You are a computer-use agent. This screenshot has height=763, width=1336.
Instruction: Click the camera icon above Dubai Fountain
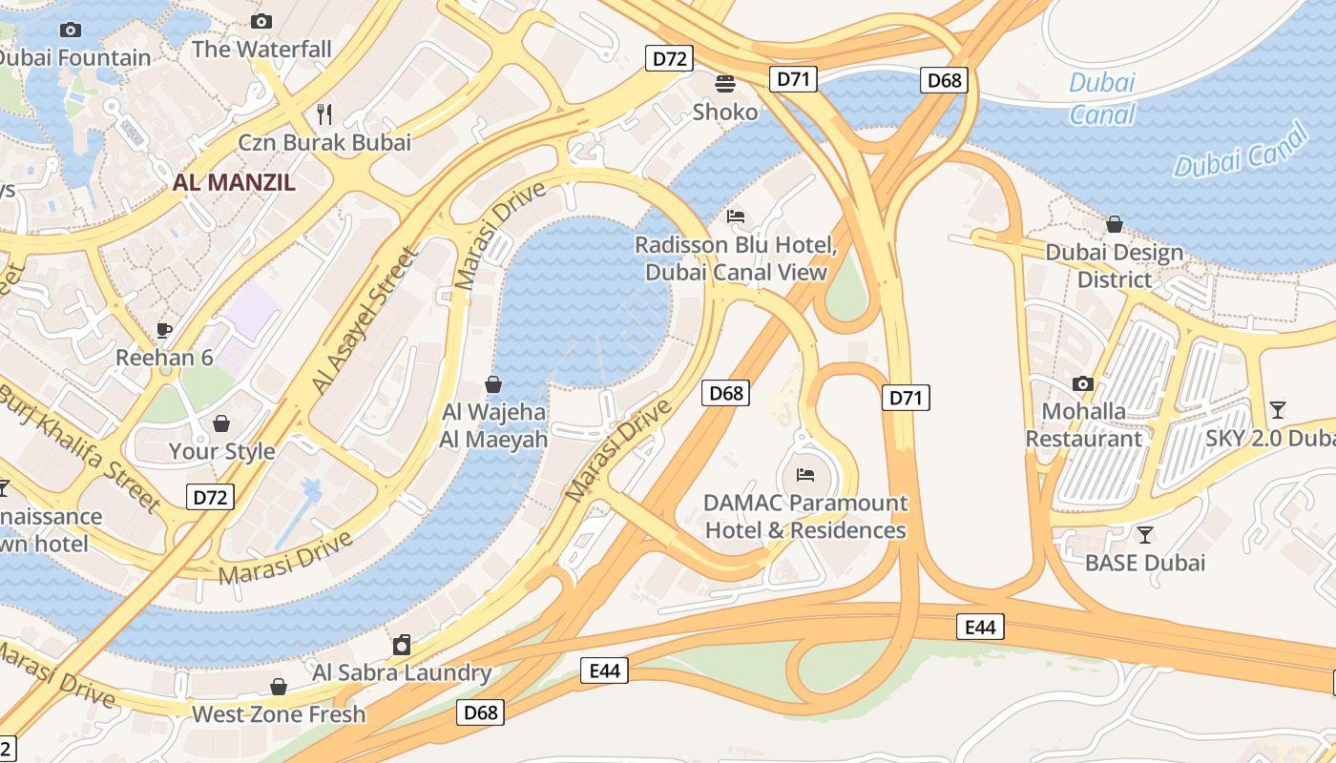(x=70, y=31)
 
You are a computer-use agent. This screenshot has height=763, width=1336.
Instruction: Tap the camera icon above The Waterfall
(x=261, y=21)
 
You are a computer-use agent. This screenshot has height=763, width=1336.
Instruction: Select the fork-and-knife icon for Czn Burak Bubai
(x=324, y=114)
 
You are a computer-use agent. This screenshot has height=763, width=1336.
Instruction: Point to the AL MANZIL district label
(x=234, y=183)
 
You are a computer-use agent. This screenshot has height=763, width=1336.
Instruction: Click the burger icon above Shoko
(x=725, y=84)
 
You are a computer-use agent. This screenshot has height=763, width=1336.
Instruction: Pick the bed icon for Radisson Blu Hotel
(x=736, y=217)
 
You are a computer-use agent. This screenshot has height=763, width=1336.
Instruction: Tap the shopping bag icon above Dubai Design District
(x=1114, y=225)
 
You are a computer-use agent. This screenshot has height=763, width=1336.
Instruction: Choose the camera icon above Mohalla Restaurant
(x=1082, y=383)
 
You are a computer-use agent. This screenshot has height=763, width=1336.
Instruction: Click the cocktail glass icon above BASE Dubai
(x=1144, y=535)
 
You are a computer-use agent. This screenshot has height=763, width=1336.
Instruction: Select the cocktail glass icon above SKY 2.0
(x=1277, y=410)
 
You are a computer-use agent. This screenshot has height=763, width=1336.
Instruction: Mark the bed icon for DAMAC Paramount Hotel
(x=805, y=474)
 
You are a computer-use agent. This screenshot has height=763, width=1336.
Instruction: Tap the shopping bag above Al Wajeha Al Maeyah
(x=493, y=384)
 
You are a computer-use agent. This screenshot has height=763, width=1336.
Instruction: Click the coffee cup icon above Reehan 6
(x=164, y=330)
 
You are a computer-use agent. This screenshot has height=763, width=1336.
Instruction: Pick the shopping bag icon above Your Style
(x=221, y=423)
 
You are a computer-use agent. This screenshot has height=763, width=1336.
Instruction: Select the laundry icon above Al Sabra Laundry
(x=402, y=645)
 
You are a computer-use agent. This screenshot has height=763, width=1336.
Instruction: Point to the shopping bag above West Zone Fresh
(x=279, y=687)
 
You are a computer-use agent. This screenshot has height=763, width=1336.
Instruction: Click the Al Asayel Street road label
(x=365, y=320)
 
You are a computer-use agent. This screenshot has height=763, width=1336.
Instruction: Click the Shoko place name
(x=725, y=113)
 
